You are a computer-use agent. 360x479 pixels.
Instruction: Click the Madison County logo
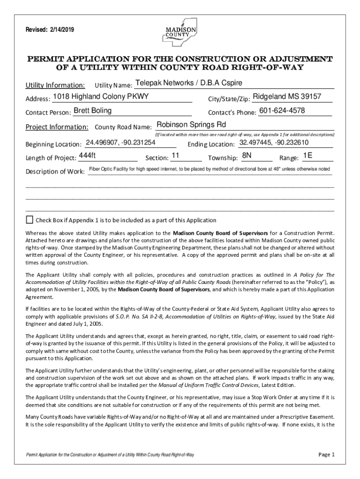[177, 31]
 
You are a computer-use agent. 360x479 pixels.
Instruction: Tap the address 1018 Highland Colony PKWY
[101, 96]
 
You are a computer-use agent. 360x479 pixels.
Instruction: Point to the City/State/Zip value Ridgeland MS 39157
[287, 96]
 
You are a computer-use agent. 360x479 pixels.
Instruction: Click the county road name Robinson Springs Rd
[191, 125]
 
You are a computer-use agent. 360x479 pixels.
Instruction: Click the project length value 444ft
[87, 155]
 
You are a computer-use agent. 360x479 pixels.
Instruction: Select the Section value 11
[176, 155]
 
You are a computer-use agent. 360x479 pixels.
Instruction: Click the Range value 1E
[308, 155]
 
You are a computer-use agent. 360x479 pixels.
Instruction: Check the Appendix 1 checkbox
[30, 219]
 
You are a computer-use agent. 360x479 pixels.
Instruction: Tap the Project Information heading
[57, 127]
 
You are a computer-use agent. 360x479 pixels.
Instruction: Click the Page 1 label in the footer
[326, 454]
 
